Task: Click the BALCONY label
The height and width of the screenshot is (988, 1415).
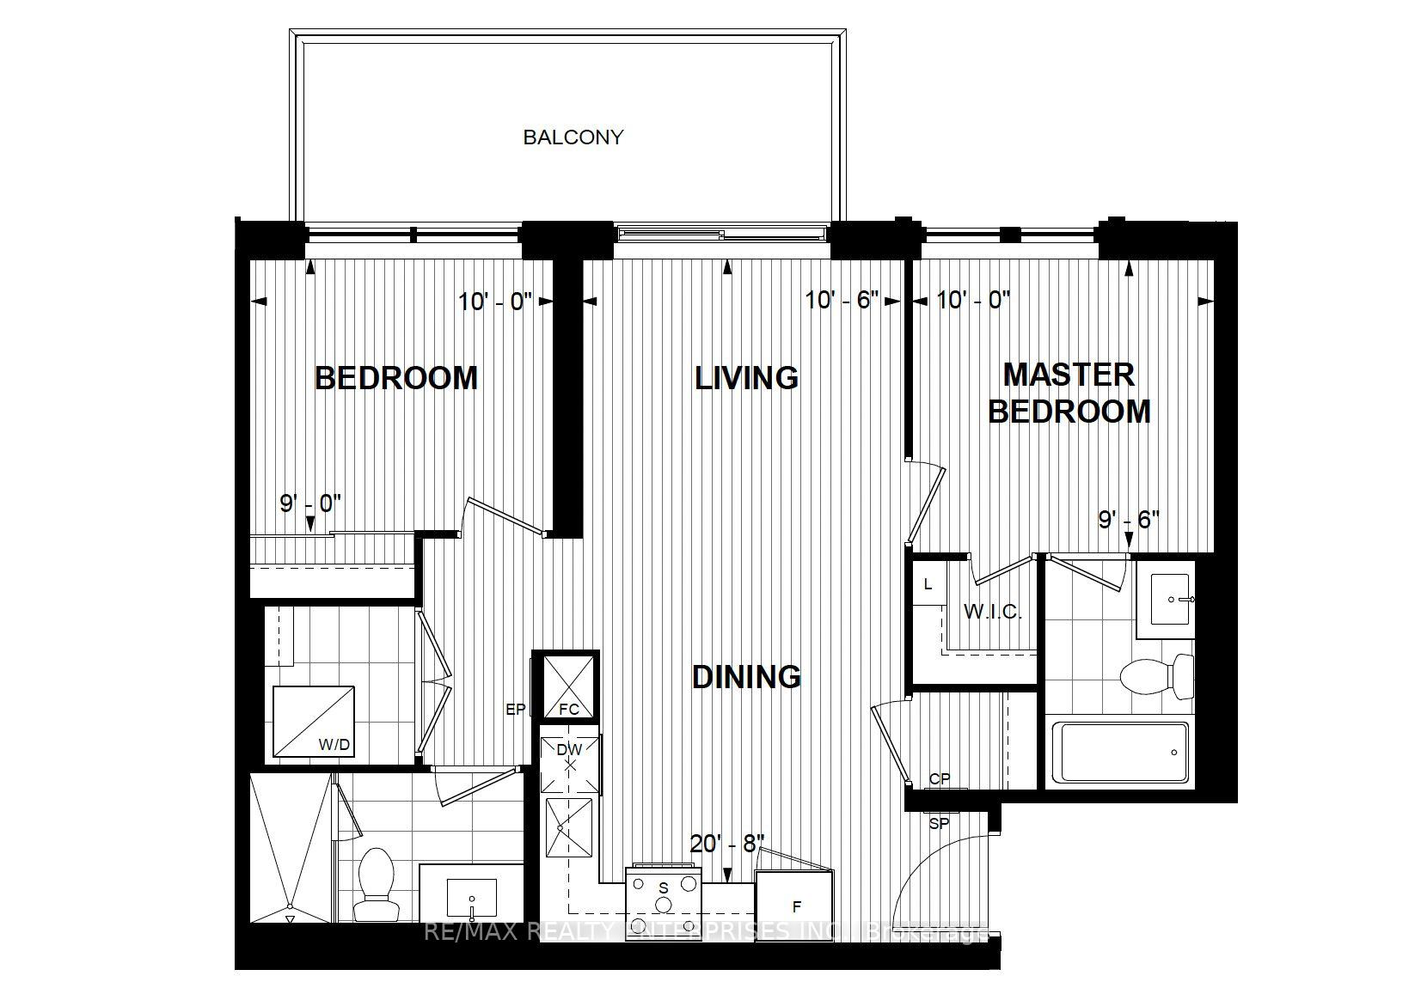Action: (x=573, y=137)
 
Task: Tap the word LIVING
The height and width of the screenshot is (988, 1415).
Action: (x=746, y=378)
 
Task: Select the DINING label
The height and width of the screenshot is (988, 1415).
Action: (x=746, y=677)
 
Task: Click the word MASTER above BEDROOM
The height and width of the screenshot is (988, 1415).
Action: (x=1069, y=375)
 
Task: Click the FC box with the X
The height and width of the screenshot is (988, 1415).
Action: (x=565, y=685)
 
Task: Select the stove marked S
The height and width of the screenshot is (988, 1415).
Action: (x=664, y=893)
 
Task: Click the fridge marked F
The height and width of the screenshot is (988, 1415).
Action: (x=795, y=906)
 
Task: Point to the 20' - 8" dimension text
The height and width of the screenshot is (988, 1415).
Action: (x=727, y=844)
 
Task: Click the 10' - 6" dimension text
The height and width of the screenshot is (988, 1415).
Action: (x=842, y=301)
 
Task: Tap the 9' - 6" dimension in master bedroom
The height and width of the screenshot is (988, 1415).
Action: (x=1129, y=519)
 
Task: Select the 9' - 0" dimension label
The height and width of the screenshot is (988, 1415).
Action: (x=311, y=503)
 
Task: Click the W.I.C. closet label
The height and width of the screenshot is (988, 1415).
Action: (x=992, y=612)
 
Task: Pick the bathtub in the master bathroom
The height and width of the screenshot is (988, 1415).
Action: (x=1119, y=753)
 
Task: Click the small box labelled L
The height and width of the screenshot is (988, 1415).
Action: (x=928, y=584)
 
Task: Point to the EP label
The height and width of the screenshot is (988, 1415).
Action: (x=515, y=710)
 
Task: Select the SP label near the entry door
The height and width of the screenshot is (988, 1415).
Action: (x=939, y=823)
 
